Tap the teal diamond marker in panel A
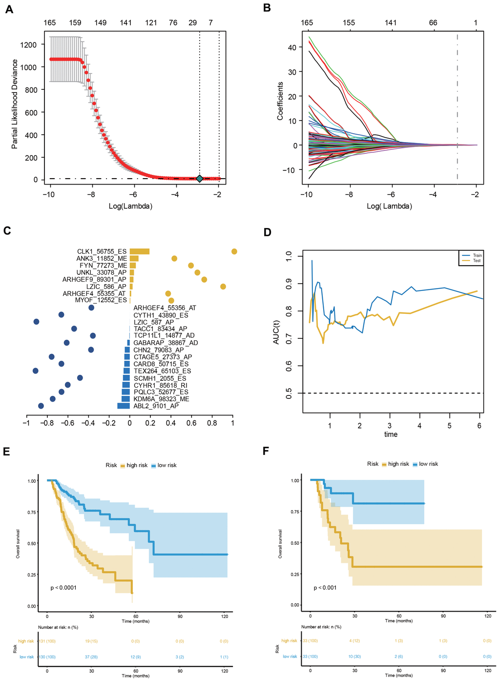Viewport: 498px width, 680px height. coord(199,179)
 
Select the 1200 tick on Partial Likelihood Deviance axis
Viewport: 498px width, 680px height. coord(28,45)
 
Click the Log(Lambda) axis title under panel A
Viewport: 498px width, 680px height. coord(130,206)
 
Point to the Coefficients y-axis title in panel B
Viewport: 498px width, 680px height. coord(280,101)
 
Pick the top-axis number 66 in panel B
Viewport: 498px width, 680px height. coord(433,22)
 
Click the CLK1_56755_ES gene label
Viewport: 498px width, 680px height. coord(102,252)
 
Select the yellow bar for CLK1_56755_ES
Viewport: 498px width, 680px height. coord(140,251)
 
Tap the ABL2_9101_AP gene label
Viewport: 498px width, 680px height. coord(156,406)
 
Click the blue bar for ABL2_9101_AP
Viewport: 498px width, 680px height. coord(124,406)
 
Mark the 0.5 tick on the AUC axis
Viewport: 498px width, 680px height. coord(289,393)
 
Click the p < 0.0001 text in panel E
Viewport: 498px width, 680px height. coord(63,588)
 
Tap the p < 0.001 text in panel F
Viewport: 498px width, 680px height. coord(325,588)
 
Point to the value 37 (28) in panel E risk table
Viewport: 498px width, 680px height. coord(91,657)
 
